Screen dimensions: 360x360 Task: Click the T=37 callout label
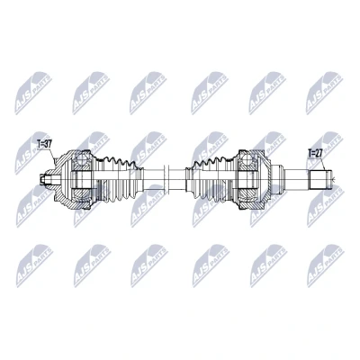[45, 144]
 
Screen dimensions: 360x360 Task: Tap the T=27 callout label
[315, 153]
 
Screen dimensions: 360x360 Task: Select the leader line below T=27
[323, 164]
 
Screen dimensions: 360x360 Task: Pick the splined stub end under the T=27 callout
[321, 179]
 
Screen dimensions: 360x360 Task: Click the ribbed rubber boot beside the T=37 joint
[120, 179]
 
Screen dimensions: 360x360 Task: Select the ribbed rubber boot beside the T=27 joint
[211, 179]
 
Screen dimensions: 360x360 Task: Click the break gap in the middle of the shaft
[167, 179]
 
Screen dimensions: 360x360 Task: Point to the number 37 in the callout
[49, 144]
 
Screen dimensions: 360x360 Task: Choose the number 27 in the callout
[319, 153]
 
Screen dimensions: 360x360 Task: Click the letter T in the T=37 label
[39, 144]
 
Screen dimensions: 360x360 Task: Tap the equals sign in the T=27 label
[313, 153]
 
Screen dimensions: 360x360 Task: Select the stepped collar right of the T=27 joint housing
[277, 179]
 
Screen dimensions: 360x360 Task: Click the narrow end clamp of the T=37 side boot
[140, 179]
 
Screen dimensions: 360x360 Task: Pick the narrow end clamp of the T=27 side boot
[189, 179]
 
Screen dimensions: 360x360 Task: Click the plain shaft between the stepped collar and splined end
[297, 179]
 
